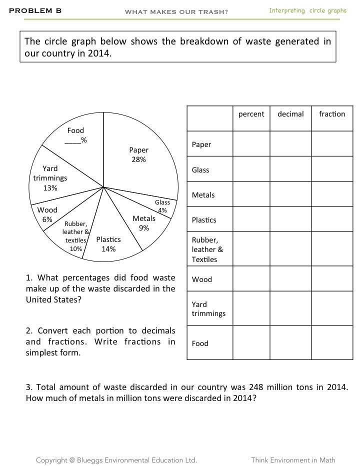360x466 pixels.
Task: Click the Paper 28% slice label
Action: click(x=138, y=154)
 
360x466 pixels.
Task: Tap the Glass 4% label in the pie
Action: click(x=162, y=206)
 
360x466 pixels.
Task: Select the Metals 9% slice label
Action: click(x=144, y=223)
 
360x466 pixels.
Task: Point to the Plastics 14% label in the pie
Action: click(x=108, y=244)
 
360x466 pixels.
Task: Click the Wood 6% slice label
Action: click(x=47, y=214)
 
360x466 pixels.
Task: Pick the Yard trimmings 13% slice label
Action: click(x=50, y=178)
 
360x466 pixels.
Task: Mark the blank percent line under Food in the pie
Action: click(x=73, y=140)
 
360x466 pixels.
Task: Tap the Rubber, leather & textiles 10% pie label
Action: click(x=76, y=236)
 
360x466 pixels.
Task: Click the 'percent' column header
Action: click(x=251, y=114)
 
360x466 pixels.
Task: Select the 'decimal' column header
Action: click(x=290, y=114)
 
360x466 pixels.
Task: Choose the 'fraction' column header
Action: click(x=332, y=114)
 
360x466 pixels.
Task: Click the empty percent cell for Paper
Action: click(x=251, y=144)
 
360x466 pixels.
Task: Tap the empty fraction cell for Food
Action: click(x=332, y=343)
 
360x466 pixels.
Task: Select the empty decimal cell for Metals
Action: click(x=290, y=195)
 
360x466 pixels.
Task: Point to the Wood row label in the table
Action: click(x=201, y=279)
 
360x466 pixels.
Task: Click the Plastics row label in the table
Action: click(x=204, y=220)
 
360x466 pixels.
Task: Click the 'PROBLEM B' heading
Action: click(x=35, y=10)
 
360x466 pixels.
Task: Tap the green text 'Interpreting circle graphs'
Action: click(x=307, y=10)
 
